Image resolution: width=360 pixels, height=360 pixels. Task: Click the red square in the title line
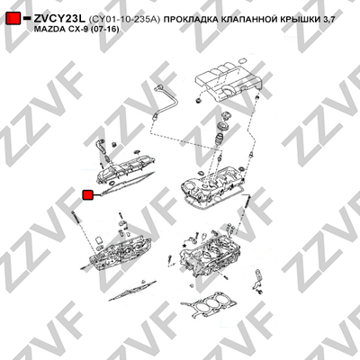(13, 19)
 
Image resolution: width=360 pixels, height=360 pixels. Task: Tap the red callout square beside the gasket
(88, 195)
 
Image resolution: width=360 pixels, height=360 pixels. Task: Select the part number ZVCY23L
(59, 19)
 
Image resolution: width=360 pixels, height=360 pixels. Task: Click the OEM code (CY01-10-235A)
(124, 20)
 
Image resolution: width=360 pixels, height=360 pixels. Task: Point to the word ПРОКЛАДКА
(191, 20)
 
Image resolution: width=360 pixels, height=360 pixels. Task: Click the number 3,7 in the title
(328, 20)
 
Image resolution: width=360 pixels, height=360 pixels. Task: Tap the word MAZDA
(49, 30)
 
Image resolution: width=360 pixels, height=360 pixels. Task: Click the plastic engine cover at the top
(228, 78)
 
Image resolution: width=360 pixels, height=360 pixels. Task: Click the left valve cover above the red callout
(126, 169)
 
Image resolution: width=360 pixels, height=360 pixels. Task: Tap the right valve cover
(214, 187)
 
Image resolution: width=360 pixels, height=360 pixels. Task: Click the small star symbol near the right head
(184, 246)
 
